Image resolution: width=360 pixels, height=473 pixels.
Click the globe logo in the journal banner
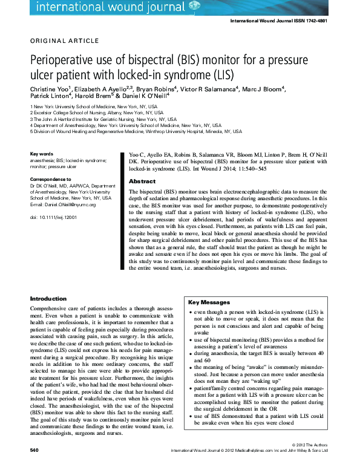(x=194, y=5)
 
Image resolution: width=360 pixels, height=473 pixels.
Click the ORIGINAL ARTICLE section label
(x=64, y=41)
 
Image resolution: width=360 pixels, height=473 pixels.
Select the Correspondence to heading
(x=51, y=180)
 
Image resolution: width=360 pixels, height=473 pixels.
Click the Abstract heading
(x=142, y=181)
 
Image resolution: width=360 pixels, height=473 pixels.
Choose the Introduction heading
(x=48, y=299)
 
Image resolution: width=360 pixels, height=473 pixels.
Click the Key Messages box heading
(x=209, y=302)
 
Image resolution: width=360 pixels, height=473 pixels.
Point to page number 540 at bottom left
(x=34, y=451)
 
